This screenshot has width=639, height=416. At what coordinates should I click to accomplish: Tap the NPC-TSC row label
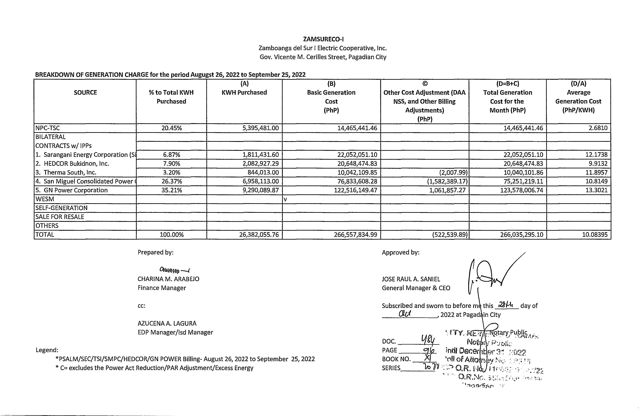coord(48,128)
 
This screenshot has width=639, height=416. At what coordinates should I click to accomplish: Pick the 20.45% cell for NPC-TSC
coord(172,128)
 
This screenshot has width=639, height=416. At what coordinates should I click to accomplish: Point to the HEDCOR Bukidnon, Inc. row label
coord(76,163)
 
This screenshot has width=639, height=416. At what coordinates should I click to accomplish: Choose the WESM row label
coord(45,199)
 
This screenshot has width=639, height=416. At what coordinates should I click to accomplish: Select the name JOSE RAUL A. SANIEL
coord(411,279)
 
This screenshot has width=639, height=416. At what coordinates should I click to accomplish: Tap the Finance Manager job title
coord(162,288)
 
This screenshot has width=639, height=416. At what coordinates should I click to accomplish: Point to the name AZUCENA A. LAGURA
coord(167,323)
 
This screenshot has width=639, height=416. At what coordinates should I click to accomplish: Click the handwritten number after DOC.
coord(428,340)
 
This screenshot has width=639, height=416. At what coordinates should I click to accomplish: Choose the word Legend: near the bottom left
coord(47,350)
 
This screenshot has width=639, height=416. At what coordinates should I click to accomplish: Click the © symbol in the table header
coord(425,84)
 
